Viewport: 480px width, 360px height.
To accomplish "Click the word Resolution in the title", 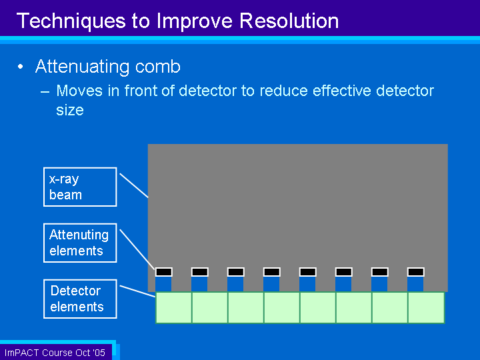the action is (289, 21).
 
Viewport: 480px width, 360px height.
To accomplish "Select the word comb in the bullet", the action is (157, 67).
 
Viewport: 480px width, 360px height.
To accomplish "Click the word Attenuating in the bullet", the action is (82, 67).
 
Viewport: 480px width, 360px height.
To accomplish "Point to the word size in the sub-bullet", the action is (70, 110).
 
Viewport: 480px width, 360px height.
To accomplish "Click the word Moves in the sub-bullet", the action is (79, 91).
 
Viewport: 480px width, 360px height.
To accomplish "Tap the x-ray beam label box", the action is (80, 187).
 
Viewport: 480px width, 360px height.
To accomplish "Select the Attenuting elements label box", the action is (80, 243).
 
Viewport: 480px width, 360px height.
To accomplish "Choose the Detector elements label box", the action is (80, 299).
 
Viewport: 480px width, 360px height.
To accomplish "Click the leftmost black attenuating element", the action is (164, 272).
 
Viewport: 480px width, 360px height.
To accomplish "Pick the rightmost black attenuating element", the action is (416, 272).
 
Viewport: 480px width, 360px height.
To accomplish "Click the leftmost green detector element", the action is (174, 307).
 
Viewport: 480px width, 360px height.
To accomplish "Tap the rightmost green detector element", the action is (426, 307).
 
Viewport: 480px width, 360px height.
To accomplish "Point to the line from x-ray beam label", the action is (134, 185).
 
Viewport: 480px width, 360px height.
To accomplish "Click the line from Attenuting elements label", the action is (137, 249).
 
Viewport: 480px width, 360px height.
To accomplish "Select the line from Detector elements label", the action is (138, 291).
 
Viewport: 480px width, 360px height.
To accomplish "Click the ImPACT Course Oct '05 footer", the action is (55, 353).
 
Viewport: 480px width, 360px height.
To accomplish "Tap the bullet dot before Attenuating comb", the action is (21, 67).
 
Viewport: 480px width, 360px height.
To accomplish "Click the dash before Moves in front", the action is (45, 91).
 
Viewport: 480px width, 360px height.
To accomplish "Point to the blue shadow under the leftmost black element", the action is (163, 284).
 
